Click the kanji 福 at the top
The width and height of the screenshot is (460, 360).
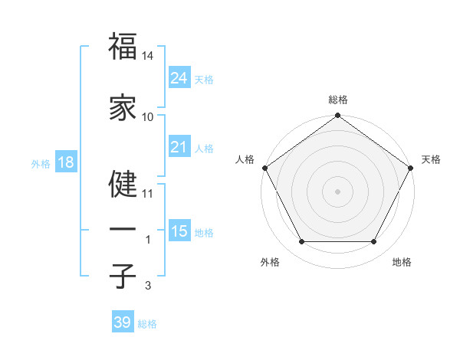click(123, 47)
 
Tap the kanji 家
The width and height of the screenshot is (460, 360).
click(123, 108)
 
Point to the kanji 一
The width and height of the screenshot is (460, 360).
click(123, 230)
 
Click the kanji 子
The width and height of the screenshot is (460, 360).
click(123, 276)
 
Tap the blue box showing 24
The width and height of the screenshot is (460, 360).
click(179, 78)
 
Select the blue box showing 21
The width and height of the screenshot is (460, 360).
click(179, 147)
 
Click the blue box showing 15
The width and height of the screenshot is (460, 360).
click(179, 231)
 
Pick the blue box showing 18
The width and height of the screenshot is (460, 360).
click(65, 163)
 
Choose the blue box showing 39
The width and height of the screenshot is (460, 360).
click(123, 322)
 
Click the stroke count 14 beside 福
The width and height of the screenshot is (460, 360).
click(149, 56)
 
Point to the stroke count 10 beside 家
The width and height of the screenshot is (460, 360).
click(148, 117)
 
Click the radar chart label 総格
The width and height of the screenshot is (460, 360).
click(337, 100)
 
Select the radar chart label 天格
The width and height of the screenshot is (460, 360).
click(431, 159)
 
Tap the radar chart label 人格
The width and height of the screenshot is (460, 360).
click(245, 159)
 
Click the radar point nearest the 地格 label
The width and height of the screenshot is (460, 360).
click(374, 242)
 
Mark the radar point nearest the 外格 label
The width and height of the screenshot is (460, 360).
click(301, 242)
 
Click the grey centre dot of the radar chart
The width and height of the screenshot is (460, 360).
click(337, 191)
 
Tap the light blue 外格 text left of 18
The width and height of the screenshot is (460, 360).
click(40, 164)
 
